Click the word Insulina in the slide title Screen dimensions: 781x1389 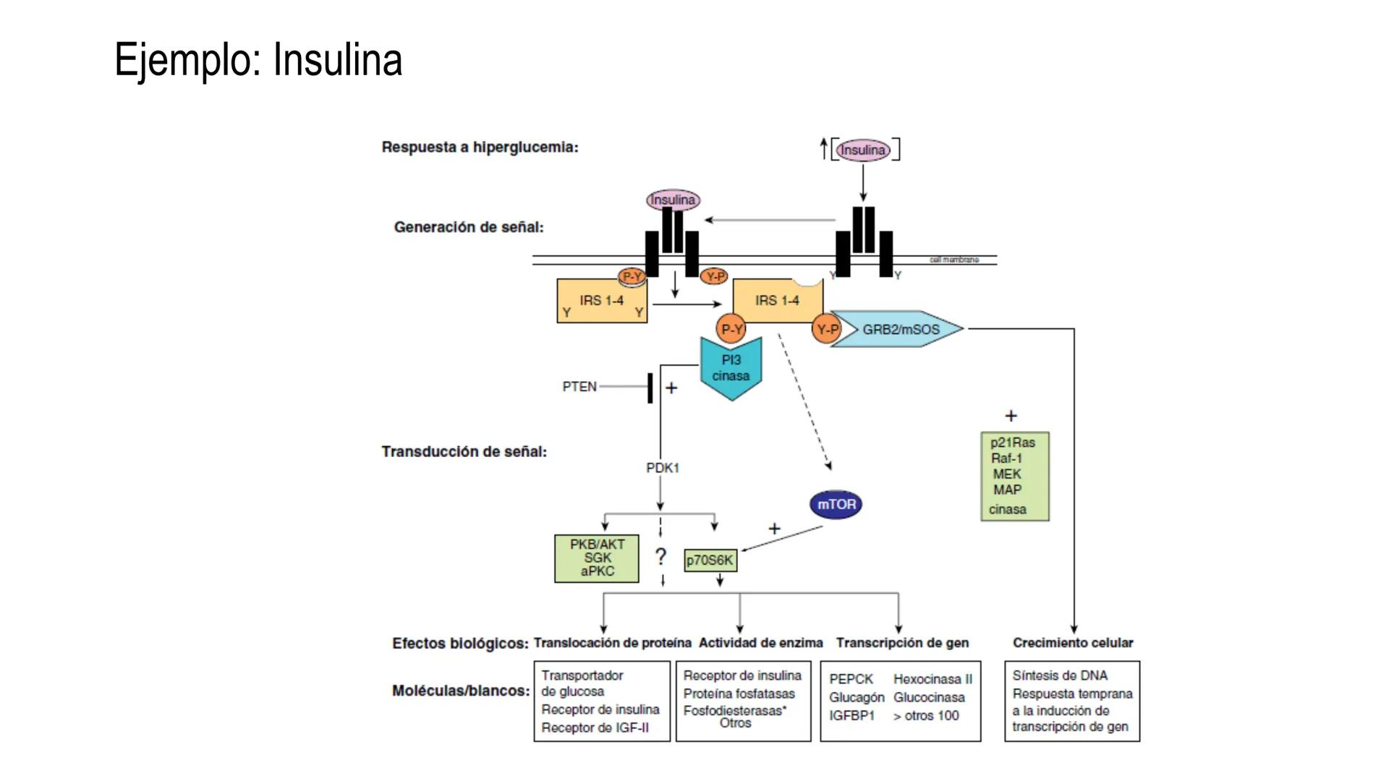tap(337, 60)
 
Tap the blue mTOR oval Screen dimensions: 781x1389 tap(836, 505)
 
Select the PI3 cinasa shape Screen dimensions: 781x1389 tap(731, 369)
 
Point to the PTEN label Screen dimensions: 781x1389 tap(579, 387)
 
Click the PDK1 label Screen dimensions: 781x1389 tap(663, 469)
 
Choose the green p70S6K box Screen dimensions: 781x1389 tap(710, 560)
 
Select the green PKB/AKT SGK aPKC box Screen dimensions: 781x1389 tap(597, 558)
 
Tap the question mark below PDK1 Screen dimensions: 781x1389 tap(660, 558)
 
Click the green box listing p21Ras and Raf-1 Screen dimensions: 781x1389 tap(1014, 476)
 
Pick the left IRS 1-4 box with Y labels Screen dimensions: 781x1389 tap(601, 301)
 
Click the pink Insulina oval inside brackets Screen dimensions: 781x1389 tap(862, 150)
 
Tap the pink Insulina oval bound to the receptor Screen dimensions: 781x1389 tap(673, 200)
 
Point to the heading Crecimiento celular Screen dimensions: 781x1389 tap(1072, 643)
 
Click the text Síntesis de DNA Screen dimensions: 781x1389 tap(1059, 675)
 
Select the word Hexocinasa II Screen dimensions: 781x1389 tap(933, 679)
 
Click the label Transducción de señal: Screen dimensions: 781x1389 tap(464, 452)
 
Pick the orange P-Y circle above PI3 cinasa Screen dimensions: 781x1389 tap(731, 330)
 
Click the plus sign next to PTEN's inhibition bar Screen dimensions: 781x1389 tap(671, 388)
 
